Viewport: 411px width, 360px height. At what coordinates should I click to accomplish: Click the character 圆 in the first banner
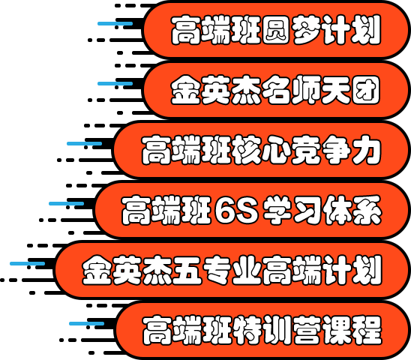click(276, 30)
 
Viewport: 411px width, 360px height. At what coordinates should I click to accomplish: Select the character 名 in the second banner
click(276, 90)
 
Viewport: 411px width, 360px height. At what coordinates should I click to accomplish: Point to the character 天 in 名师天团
click(336, 90)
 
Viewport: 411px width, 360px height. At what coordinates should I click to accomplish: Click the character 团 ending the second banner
click(366, 90)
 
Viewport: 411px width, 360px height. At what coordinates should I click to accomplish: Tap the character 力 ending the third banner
click(366, 150)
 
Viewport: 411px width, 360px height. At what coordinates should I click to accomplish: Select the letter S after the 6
click(247, 210)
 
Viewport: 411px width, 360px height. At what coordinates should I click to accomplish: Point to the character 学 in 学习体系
click(277, 210)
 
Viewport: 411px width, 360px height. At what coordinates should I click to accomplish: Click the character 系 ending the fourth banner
click(367, 210)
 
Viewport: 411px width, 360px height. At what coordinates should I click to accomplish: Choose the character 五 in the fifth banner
click(187, 270)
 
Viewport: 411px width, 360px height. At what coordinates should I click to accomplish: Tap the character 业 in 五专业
click(247, 270)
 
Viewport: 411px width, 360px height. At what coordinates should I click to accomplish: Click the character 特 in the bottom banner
click(247, 330)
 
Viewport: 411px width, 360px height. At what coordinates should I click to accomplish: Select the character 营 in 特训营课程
click(307, 330)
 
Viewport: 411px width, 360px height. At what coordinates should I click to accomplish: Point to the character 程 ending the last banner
click(367, 330)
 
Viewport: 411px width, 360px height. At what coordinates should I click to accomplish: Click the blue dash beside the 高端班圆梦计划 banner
click(115, 23)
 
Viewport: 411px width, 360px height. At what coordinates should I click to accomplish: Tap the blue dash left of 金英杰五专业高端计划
click(27, 263)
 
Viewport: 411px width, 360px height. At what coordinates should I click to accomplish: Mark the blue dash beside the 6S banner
click(66, 203)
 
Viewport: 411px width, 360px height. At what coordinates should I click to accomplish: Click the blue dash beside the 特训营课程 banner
click(86, 323)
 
